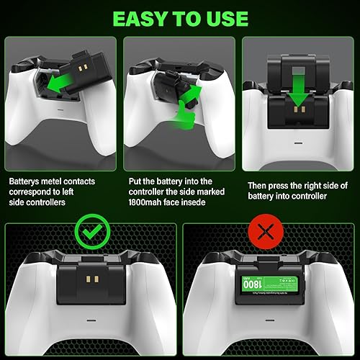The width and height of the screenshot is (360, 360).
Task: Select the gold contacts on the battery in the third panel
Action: [x=296, y=112]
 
